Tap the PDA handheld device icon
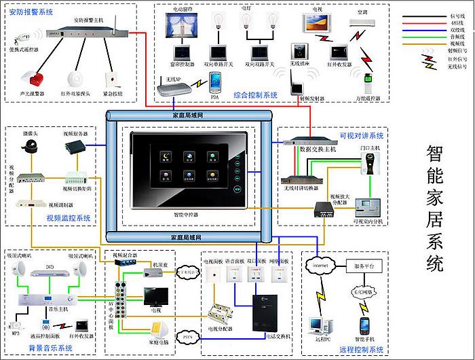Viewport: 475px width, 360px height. click(216, 82)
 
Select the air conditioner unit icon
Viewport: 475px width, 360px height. click(362, 22)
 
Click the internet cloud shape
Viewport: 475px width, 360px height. click(321, 265)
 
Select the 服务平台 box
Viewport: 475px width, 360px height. click(364, 265)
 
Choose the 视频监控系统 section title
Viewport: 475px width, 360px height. click(69, 218)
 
